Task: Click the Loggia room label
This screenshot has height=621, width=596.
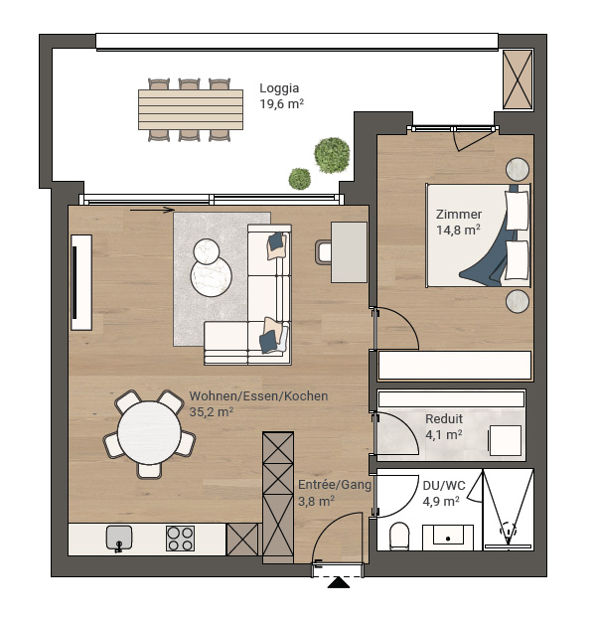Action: pos(279,88)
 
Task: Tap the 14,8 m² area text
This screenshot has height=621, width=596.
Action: pos(458,230)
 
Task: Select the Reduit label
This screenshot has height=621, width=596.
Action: pos(444,418)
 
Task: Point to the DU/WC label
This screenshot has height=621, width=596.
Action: pos(444,486)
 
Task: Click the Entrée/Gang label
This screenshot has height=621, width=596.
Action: pos(334,485)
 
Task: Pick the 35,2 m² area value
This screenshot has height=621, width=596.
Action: pos(211,412)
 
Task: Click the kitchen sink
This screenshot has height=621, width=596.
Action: pos(119,539)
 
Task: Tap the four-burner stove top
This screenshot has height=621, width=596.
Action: pos(180,539)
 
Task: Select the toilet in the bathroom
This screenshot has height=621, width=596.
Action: pos(398,537)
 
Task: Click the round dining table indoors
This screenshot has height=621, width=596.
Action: pos(149,432)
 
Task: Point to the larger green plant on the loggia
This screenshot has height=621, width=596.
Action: pos(332,155)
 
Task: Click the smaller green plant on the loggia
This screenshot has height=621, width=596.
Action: pos(299,179)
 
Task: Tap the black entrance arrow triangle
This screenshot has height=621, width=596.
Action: pos(339,582)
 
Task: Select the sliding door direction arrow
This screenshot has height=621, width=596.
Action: pos(152,210)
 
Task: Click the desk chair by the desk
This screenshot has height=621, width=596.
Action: pos(323,252)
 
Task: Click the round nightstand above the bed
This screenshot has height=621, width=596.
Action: pos(518,169)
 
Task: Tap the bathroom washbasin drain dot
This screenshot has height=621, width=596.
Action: pos(448,539)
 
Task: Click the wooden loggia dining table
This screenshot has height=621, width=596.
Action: pos(191,109)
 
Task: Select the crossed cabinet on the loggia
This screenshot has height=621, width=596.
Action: pos(518,79)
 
